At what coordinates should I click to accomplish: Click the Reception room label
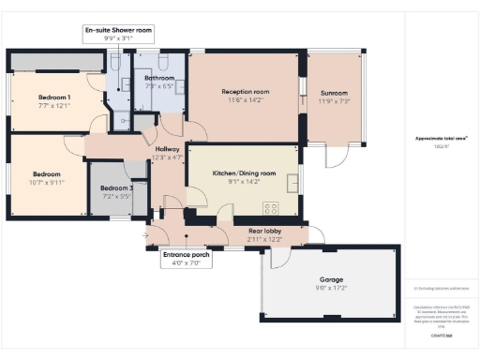click(246, 92)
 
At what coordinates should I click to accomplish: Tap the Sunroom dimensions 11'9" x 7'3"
click(334, 101)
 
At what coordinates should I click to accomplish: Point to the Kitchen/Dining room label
click(244, 173)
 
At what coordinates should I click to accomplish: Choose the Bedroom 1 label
click(54, 97)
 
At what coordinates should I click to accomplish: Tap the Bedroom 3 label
click(118, 188)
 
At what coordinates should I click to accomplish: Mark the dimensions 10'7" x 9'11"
click(47, 183)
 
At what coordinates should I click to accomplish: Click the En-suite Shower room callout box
click(118, 35)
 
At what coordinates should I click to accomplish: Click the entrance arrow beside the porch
click(147, 234)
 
